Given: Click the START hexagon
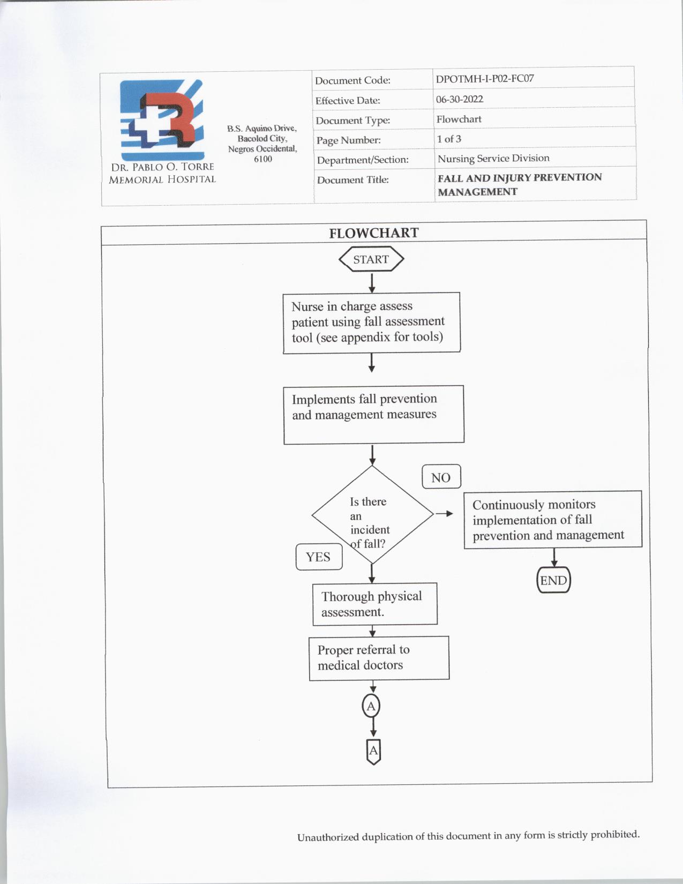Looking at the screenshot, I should [371, 259].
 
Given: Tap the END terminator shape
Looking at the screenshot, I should [553, 580].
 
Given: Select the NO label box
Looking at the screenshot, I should [441, 477].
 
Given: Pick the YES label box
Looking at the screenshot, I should [319, 557].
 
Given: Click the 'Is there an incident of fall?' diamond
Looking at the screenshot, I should [372, 515].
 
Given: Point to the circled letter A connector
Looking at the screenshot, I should [371, 706].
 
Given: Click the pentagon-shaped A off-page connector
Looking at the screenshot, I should [373, 751].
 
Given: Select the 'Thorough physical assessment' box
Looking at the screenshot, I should [374, 604].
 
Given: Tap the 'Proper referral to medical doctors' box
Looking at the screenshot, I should [379, 658].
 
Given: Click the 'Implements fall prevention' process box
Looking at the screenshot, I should [373, 414].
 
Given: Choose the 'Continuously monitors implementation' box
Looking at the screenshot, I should [552, 520].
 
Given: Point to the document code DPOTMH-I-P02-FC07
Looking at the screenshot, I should [485, 79].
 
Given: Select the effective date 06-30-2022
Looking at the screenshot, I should [460, 99].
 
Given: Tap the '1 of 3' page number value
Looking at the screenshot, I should [449, 139].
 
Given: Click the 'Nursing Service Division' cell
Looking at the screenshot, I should [493, 158].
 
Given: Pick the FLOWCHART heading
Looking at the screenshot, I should [373, 233].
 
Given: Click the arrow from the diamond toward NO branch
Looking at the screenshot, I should [444, 514].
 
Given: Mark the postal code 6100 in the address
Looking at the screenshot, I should [263, 159].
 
